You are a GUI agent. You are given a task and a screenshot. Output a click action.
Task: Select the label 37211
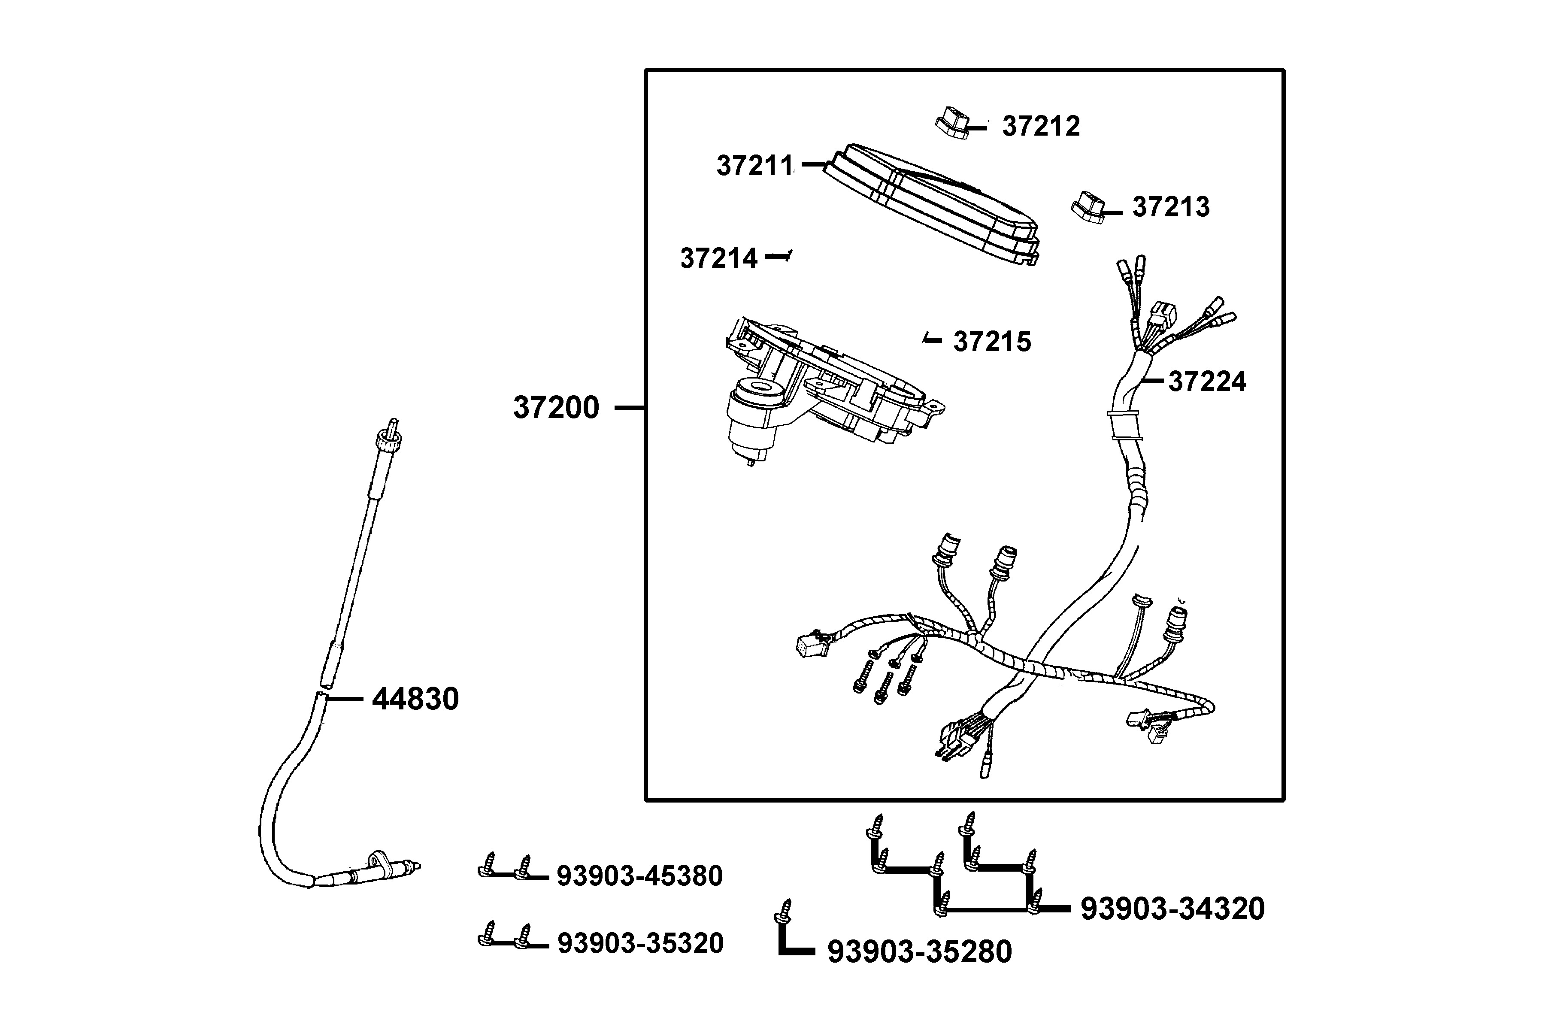(x=755, y=166)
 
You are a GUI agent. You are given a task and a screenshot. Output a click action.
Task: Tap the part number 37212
(x=1040, y=126)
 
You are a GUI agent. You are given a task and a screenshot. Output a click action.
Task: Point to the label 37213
(x=1171, y=207)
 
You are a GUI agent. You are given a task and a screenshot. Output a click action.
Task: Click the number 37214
(x=718, y=258)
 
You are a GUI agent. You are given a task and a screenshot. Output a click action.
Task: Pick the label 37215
(x=992, y=342)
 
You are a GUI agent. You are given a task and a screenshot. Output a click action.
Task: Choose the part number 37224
(x=1207, y=382)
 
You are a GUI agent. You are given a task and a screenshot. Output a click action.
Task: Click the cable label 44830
(x=415, y=699)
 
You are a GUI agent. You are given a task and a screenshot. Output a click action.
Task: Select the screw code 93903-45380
(x=640, y=875)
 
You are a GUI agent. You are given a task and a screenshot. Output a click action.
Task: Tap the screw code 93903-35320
(x=640, y=943)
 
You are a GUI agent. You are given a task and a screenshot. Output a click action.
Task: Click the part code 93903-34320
(x=1172, y=909)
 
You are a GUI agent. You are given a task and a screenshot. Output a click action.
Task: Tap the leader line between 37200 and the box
(x=629, y=408)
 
